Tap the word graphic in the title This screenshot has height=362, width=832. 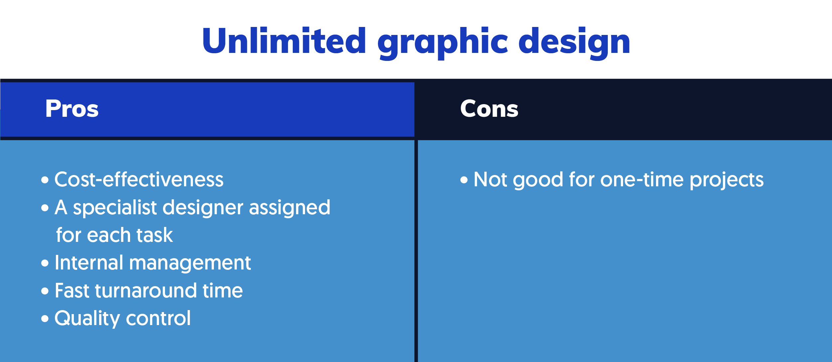[x=442, y=43]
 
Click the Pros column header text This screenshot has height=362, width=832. [x=72, y=109]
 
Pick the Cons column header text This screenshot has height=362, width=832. [x=489, y=109]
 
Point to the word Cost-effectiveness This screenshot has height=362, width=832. [x=139, y=180]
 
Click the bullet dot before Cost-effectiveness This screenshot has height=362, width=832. [x=45, y=180]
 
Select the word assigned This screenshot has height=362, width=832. [x=289, y=208]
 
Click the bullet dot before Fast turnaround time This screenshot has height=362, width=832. [x=45, y=291]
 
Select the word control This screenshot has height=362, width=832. [x=158, y=318]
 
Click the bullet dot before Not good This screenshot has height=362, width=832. [x=464, y=180]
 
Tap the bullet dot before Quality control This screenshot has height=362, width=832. [x=45, y=319]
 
